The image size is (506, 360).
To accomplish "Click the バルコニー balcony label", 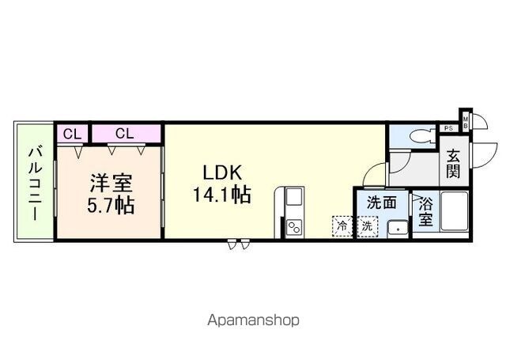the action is click(34, 184).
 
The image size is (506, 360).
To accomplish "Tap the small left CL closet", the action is click(72, 134).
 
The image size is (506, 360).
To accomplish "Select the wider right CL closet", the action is click(126, 134).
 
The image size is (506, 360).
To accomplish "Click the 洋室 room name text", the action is click(111, 183).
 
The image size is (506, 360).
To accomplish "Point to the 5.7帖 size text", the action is click(111, 204).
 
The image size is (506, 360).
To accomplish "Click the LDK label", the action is click(222, 172).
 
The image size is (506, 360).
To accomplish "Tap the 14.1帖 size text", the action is click(221, 195).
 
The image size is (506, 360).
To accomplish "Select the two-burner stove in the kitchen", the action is click(294, 228).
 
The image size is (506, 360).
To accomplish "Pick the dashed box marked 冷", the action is click(342, 226).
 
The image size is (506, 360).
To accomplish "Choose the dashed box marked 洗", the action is click(367, 226).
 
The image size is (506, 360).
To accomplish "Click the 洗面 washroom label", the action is click(381, 203).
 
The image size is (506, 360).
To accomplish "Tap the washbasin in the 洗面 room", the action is click(398, 229).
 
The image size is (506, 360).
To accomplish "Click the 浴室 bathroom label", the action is click(425, 212).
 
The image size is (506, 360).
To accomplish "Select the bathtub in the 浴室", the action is click(454, 211).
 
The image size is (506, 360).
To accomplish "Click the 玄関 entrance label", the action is click(453, 165).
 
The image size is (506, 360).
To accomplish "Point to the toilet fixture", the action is click(422, 137).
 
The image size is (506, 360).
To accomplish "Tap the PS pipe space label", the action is click(448, 128).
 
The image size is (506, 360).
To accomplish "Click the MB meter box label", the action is click(466, 123).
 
